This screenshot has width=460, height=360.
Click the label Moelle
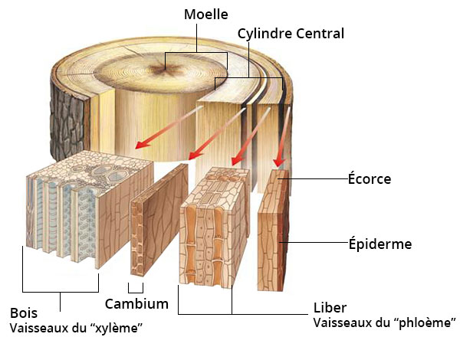pyautogui.click(x=206, y=15)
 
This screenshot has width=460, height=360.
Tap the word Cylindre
pyautogui.click(x=264, y=34)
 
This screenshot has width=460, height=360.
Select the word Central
pyautogui.click(x=320, y=34)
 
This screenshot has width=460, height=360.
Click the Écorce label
pyautogui.click(x=370, y=178)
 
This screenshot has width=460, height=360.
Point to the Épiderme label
pyautogui.click(x=380, y=244)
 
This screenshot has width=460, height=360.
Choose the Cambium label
pyautogui.click(x=136, y=304)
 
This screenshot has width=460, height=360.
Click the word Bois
pyautogui.click(x=24, y=313)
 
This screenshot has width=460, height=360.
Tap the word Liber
pyautogui.click(x=330, y=308)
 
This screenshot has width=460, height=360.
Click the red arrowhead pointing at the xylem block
pyautogui.click(x=142, y=144)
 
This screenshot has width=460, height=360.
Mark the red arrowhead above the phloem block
pyautogui.click(x=238, y=160)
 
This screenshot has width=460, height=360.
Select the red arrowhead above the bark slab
pyautogui.click(x=279, y=162)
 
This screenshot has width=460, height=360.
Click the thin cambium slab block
pyautogui.click(x=159, y=221)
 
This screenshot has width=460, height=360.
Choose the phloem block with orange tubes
pyautogui.click(x=214, y=227)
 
